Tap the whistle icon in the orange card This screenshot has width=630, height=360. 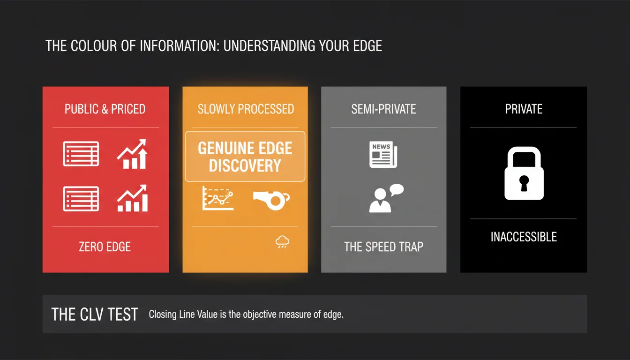(271, 200)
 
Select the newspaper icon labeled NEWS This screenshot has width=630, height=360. (383, 155)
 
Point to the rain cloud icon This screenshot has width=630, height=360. (282, 242)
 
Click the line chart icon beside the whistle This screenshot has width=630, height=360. (218, 198)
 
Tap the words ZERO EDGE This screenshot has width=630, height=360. (105, 247)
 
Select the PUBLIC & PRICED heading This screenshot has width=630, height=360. (105, 109)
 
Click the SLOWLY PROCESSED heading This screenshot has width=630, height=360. (246, 109)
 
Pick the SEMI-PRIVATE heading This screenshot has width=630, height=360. (383, 109)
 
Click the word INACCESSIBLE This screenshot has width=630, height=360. (524, 237)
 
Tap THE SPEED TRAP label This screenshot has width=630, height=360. (383, 247)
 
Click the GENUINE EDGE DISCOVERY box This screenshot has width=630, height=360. (245, 157)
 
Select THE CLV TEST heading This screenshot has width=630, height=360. (95, 314)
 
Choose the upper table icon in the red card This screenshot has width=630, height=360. (81, 154)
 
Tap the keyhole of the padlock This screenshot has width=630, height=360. (524, 183)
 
